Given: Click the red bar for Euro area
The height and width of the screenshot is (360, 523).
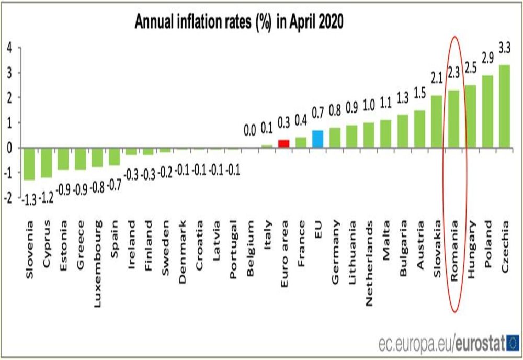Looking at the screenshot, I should click(283, 144).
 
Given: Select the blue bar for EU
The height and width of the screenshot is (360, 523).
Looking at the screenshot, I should click(317, 139).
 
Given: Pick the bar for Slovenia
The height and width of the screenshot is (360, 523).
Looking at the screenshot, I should click(29, 164).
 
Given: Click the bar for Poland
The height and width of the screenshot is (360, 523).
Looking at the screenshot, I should click(487, 111).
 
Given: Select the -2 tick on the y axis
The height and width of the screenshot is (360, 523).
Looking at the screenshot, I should click(7, 198).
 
